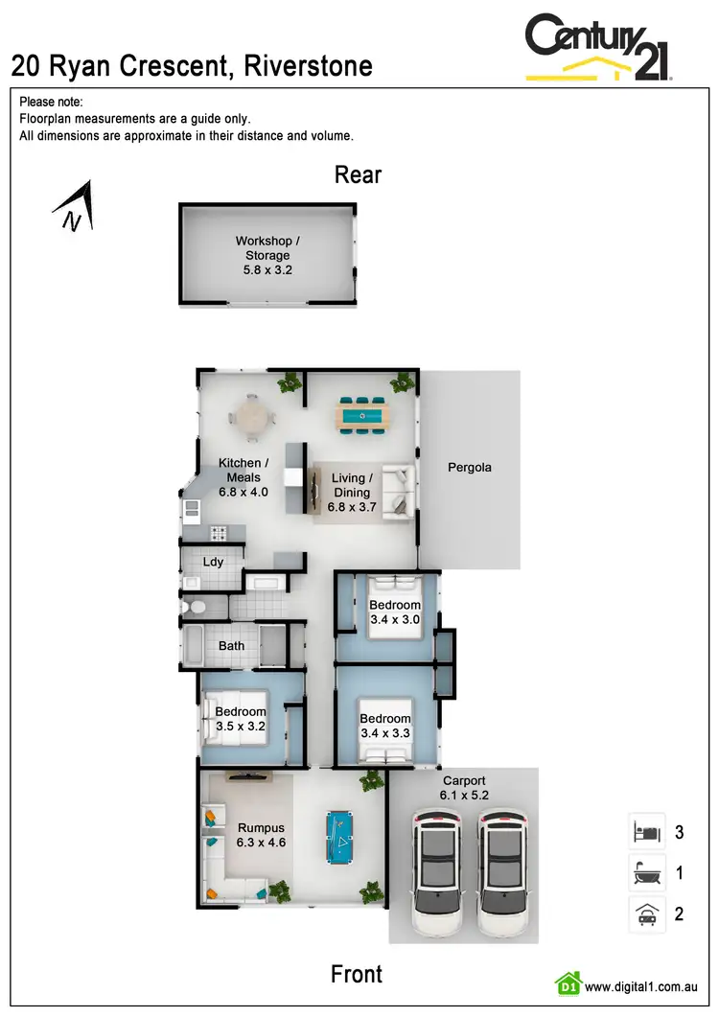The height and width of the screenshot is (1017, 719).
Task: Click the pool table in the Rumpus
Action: tap(339, 836)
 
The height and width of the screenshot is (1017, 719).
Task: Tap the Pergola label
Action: tap(469, 468)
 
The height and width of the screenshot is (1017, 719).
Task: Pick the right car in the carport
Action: tap(504, 873)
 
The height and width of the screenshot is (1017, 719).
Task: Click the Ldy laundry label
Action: tap(213, 561)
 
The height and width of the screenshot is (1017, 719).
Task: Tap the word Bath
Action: tap(231, 645)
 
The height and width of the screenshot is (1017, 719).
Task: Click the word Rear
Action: tap(358, 174)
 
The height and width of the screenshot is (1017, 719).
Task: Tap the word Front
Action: tap(357, 974)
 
